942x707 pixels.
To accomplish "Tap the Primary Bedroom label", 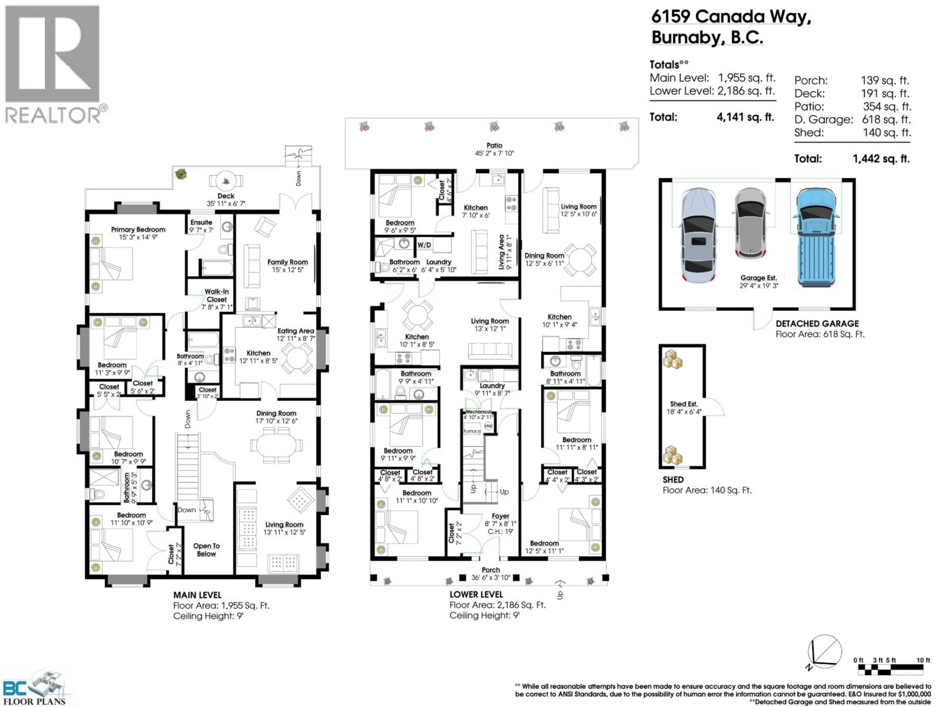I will [138, 230].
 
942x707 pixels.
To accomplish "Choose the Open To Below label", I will [207, 550].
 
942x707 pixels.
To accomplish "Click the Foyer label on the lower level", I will [500, 516].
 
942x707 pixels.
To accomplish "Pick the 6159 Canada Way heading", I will [731, 17].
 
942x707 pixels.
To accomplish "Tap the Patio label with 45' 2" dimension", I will [494, 149].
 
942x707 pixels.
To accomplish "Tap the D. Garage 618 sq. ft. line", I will [852, 120].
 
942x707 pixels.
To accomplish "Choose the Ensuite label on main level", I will [201, 222].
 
